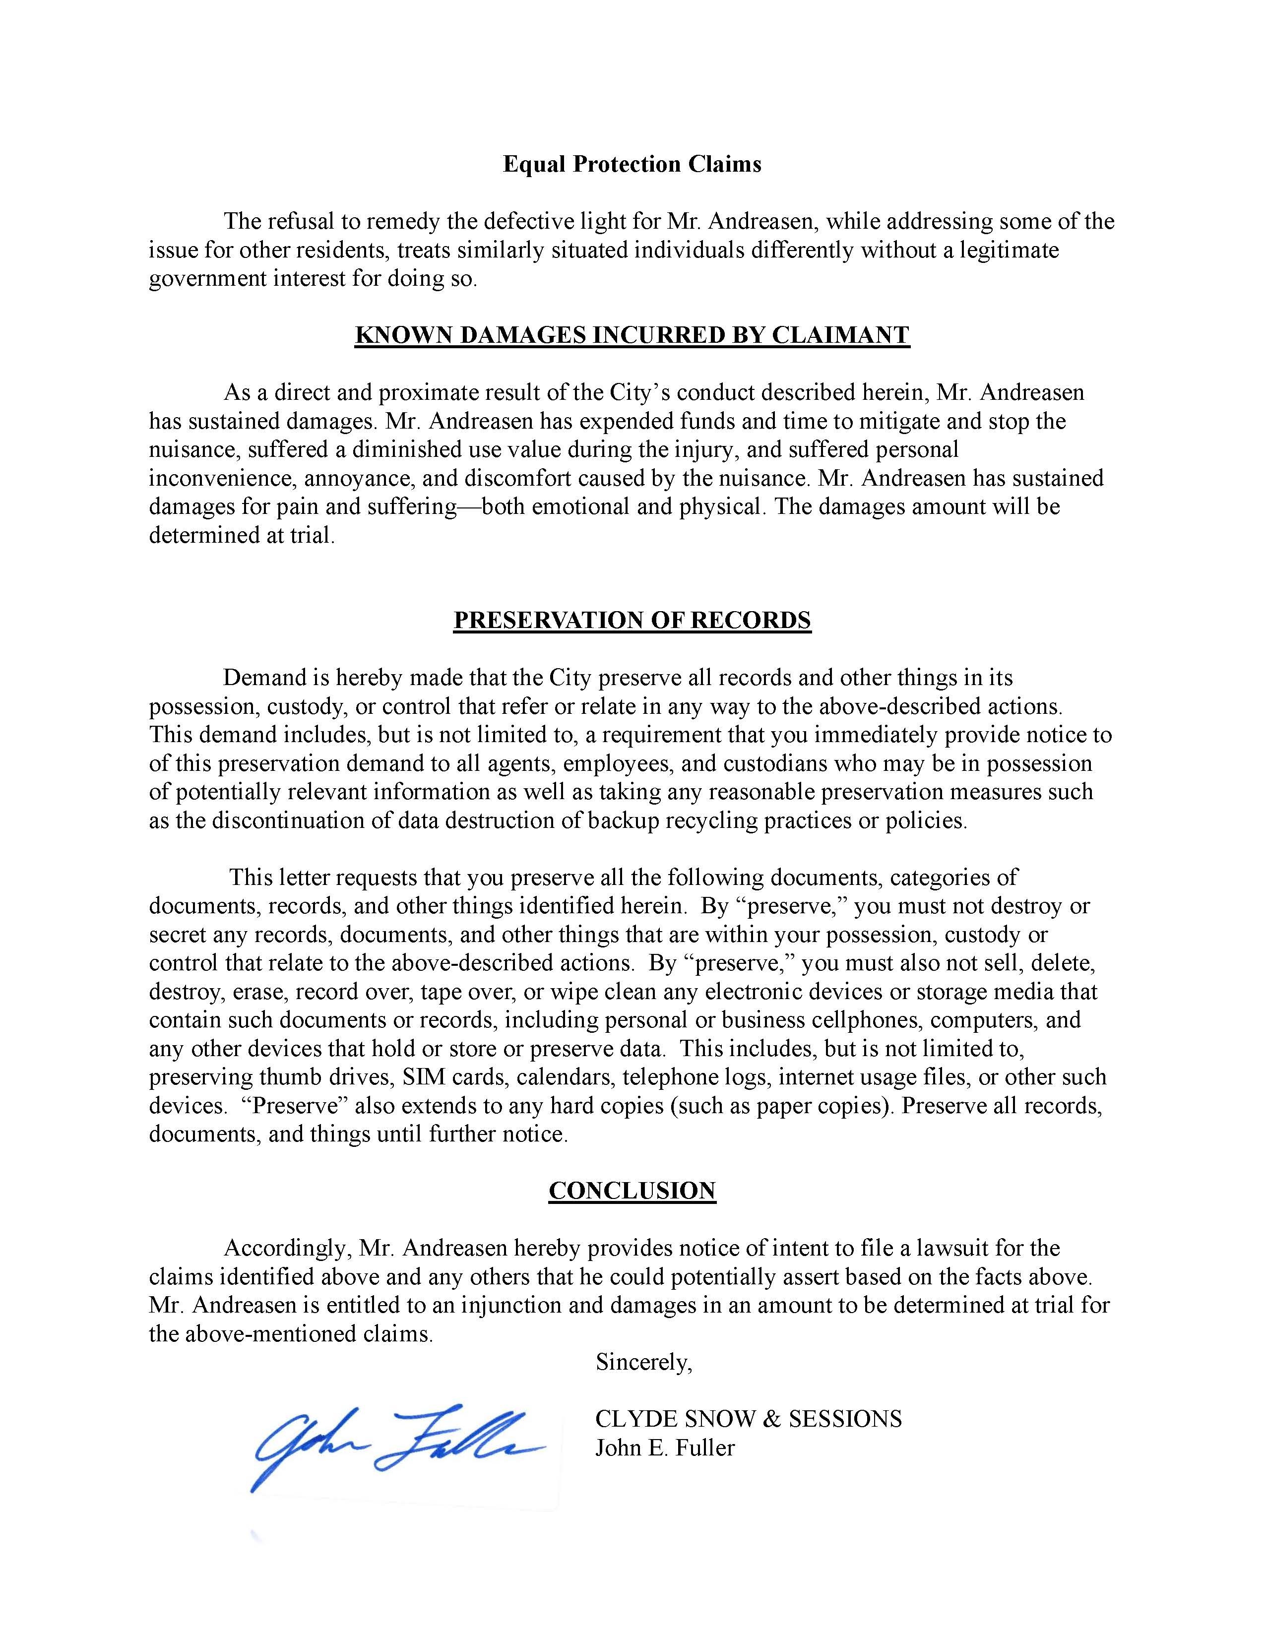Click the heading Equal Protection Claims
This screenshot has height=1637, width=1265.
(x=632, y=164)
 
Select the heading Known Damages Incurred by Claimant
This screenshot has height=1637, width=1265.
(x=632, y=335)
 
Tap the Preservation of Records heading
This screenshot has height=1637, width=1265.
(x=632, y=620)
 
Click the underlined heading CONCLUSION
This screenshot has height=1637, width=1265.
(x=632, y=1190)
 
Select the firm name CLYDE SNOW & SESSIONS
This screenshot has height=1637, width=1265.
(x=748, y=1419)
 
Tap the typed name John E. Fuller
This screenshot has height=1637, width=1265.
(x=665, y=1448)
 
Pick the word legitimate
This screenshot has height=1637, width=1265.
(x=1010, y=251)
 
